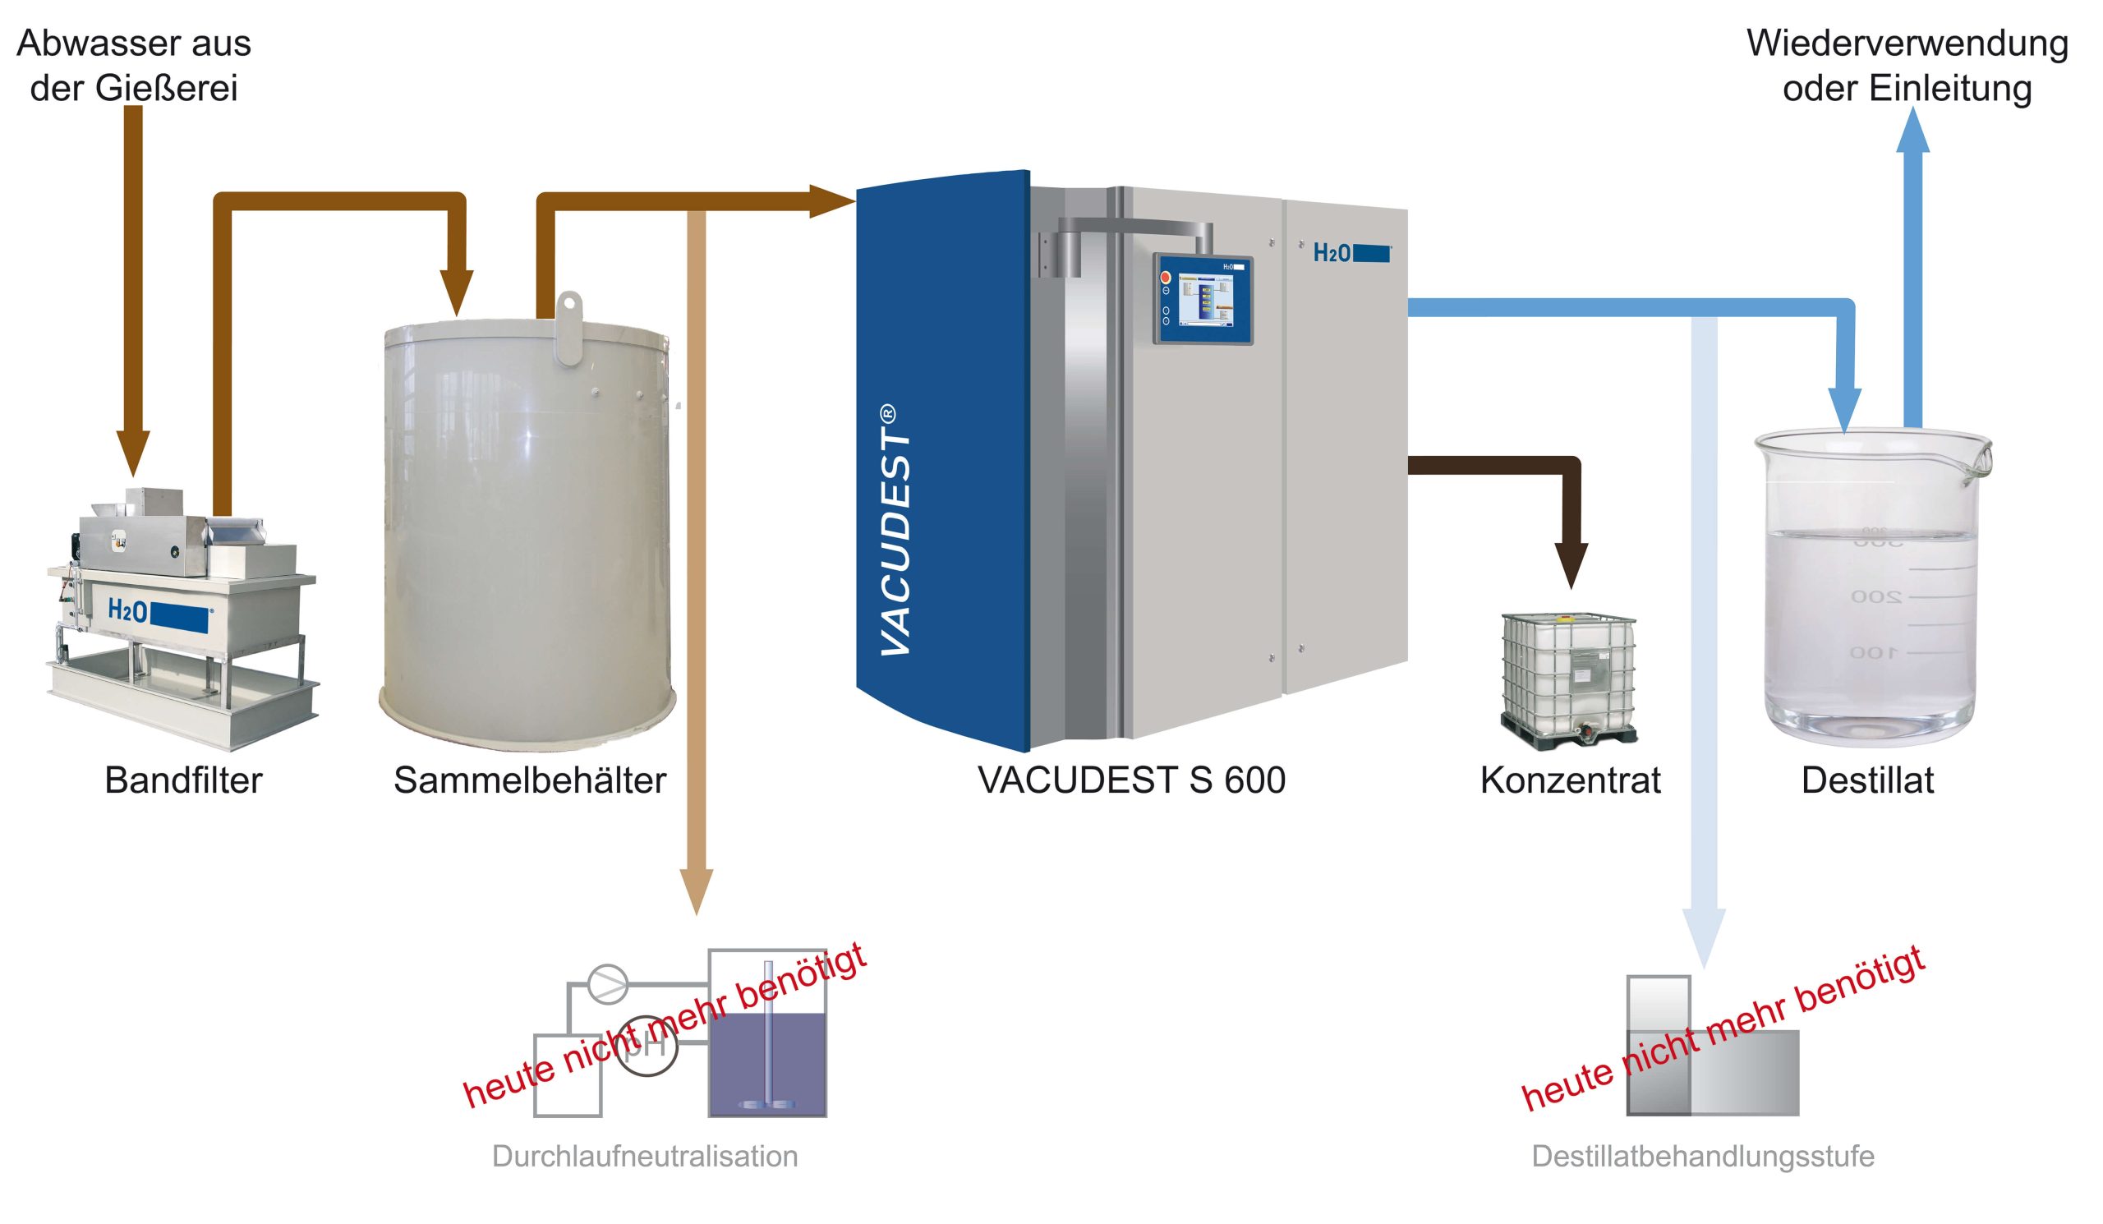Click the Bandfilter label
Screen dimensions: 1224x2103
coord(183,780)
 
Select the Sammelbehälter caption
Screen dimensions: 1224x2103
coord(530,780)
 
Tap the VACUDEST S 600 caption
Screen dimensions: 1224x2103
coord(1131,780)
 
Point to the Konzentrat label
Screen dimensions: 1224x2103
coord(1570,780)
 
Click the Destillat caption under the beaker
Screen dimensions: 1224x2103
coord(1867,780)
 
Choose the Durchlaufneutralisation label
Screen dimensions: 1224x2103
coord(644,1157)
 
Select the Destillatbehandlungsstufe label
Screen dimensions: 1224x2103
coord(1702,1157)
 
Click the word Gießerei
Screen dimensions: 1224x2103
coord(177,89)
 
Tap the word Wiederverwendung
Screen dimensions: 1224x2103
coord(1907,44)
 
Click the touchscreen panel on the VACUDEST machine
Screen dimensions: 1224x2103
coord(1203,299)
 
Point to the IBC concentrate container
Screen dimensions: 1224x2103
coord(1568,679)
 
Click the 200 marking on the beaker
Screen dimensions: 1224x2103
coord(1876,596)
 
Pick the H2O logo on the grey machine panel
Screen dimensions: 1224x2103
coord(1351,253)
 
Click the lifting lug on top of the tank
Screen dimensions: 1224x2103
coord(569,327)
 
